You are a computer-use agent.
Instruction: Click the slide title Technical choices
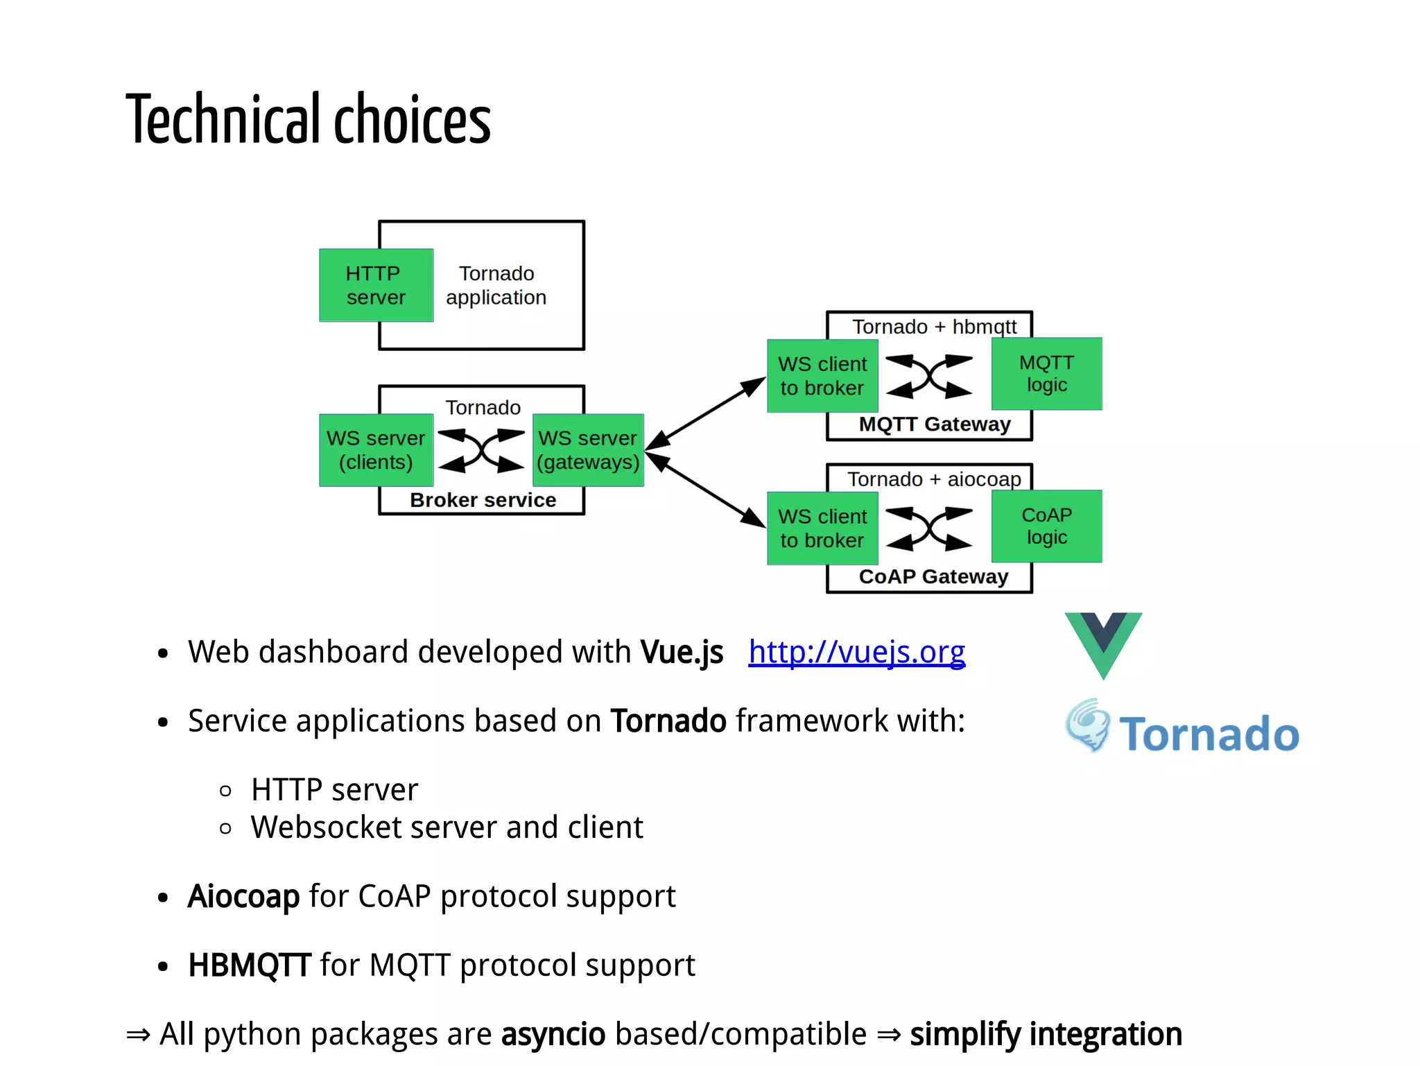[308, 119]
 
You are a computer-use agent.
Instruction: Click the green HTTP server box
[376, 285]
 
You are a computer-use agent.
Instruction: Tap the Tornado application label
[496, 285]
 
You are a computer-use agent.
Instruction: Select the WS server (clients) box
[376, 450]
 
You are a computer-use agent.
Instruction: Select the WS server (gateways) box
[588, 450]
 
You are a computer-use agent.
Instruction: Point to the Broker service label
[483, 500]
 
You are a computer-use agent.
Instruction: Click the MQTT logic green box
[1046, 374]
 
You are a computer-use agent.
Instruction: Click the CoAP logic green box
[1046, 526]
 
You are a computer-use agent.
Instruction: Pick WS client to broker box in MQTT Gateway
[822, 376]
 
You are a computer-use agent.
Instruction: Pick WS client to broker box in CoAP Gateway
[822, 528]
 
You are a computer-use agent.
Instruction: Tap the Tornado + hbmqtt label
[934, 327]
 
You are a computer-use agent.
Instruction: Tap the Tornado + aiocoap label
[934, 479]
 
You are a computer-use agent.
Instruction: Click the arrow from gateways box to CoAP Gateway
[706, 490]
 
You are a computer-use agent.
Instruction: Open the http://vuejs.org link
[856, 652]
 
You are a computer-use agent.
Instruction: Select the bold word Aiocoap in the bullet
[243, 896]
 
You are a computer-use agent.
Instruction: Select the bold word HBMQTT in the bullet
[249, 965]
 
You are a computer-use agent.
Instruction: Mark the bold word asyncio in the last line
[553, 1034]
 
